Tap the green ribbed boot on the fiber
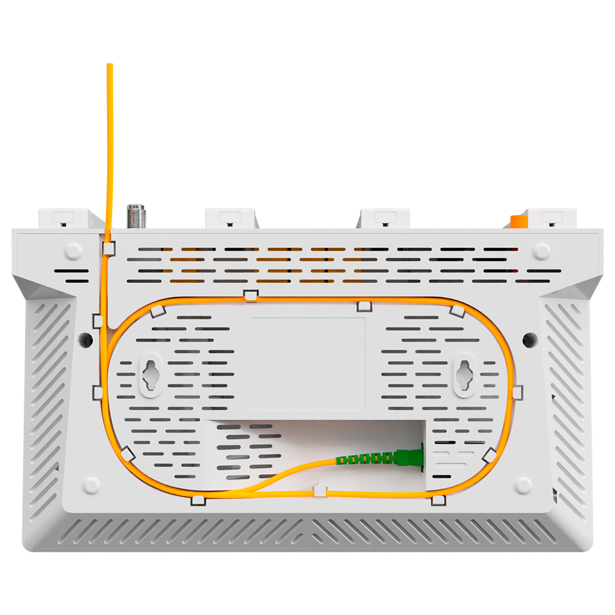[367, 459]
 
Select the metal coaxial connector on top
[133, 216]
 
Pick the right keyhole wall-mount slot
[465, 373]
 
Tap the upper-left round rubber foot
[73, 250]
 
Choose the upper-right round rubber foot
[542, 250]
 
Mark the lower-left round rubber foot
[92, 485]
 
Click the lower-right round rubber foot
[523, 485]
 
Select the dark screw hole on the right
[528, 338]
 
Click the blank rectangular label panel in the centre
[307, 363]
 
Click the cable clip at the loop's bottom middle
[320, 490]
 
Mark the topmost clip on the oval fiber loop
[250, 296]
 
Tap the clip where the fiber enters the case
[109, 248]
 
